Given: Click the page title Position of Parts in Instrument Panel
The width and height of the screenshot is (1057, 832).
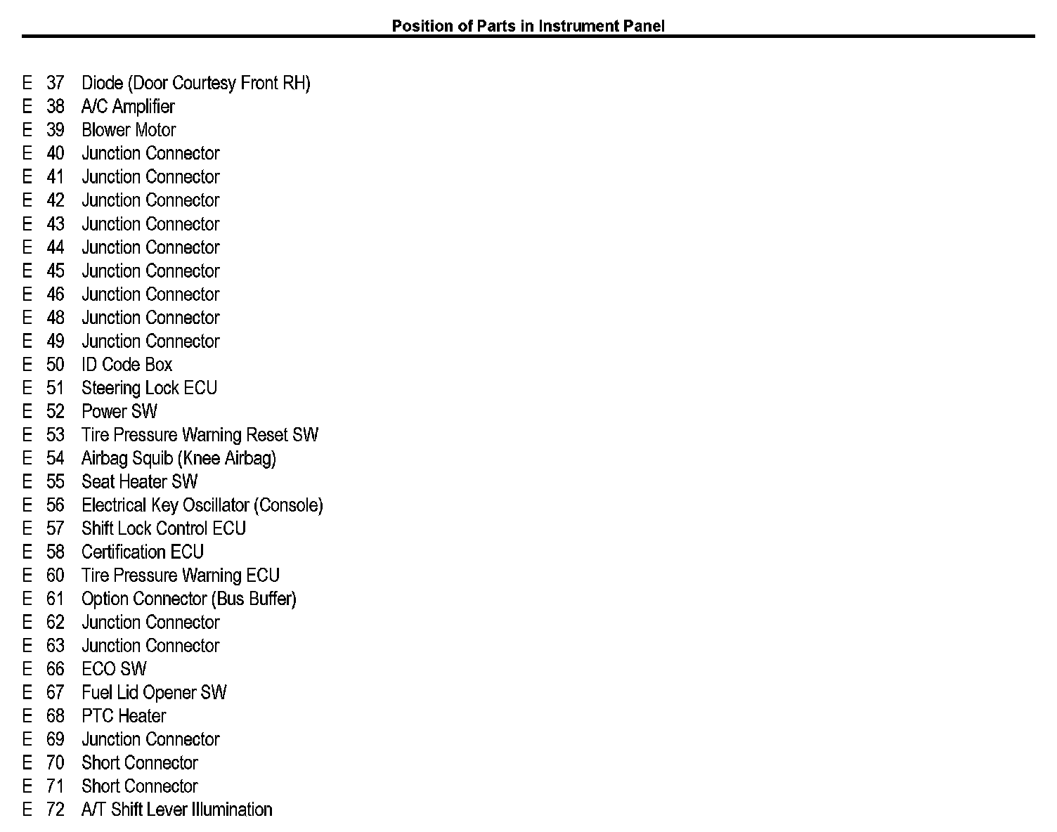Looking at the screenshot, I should (528, 26).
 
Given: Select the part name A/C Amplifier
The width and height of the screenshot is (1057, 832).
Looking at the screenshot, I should (128, 107).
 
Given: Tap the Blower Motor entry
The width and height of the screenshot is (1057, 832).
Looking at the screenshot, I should (129, 130).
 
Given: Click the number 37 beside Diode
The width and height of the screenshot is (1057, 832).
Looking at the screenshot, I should (56, 83).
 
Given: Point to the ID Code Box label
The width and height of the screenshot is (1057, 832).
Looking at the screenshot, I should (127, 365).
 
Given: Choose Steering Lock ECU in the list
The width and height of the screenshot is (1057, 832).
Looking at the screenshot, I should (149, 388).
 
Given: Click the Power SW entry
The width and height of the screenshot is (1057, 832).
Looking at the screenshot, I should (119, 412).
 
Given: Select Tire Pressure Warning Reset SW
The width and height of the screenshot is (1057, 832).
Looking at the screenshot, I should (200, 435).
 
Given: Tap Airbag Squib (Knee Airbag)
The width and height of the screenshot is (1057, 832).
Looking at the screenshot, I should (179, 458).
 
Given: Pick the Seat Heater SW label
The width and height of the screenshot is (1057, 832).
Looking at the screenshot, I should (139, 482).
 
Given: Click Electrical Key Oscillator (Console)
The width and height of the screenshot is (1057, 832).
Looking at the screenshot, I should (202, 505).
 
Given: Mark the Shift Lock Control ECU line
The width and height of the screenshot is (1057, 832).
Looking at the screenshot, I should (164, 528).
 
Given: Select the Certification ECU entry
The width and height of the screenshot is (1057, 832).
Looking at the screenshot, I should (142, 552).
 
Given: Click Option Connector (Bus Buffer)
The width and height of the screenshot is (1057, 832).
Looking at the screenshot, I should (188, 599).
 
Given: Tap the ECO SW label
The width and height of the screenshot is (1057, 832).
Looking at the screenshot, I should (114, 669).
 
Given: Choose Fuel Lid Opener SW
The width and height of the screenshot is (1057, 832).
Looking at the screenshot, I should (154, 693).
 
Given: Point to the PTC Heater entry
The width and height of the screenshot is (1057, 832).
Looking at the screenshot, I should (124, 716).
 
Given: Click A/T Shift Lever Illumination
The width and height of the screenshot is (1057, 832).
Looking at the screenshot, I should (176, 810).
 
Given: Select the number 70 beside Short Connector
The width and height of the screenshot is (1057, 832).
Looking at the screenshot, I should (56, 763).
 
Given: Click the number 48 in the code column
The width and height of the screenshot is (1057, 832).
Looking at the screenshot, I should (56, 318).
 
